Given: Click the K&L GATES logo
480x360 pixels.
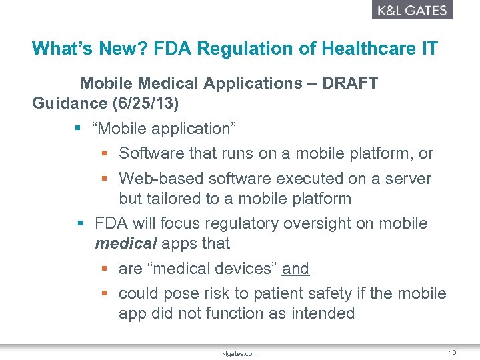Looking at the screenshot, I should (412, 10).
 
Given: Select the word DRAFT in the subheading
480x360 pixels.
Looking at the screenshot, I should (350, 83).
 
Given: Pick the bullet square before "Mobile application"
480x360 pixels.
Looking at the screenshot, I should (79, 129).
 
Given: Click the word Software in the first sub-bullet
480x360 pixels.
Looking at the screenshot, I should (151, 153).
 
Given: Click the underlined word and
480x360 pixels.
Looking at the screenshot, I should (295, 269).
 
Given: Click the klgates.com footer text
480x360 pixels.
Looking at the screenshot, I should (239, 354).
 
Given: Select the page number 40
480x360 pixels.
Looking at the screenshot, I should (451, 352).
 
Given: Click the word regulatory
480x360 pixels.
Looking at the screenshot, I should (240, 223).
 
